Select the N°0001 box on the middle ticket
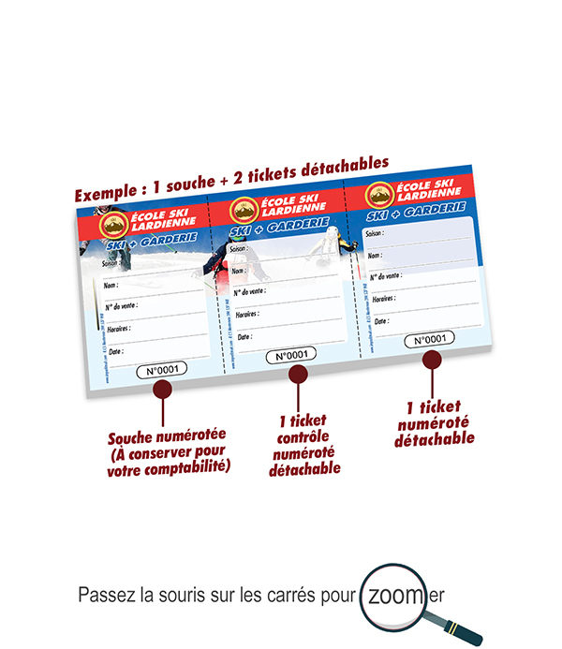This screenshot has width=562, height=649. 291,355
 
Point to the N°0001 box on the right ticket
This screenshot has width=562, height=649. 429,340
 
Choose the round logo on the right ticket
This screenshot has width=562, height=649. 377,195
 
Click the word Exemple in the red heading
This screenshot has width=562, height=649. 103,196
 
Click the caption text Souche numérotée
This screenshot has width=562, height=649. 168,437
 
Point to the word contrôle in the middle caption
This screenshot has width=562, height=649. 304,435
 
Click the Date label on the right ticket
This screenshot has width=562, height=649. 379,319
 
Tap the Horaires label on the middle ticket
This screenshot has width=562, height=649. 246,314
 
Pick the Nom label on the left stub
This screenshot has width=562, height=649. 111,286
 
